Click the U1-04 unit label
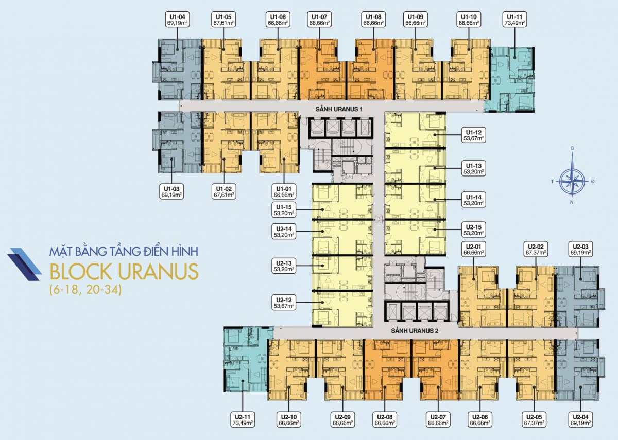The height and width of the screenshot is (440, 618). (x=178, y=20)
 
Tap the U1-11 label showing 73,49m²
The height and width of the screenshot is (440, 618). (x=514, y=20)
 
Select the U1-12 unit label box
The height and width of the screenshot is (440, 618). (x=474, y=135)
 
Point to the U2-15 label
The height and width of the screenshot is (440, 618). (x=474, y=230)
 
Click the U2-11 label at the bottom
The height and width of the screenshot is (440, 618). (x=243, y=419)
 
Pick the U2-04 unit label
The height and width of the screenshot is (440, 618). (x=581, y=419)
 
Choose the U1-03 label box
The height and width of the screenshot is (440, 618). (x=171, y=192)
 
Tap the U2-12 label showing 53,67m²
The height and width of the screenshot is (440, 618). (x=284, y=303)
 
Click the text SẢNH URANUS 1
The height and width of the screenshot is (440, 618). (x=339, y=109)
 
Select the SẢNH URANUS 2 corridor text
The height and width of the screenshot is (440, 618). (x=415, y=331)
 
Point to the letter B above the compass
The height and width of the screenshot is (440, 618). (x=573, y=148)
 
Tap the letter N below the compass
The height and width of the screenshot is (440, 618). (x=572, y=202)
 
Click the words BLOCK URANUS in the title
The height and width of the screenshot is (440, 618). (x=124, y=272)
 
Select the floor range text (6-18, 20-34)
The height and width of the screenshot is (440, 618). (x=85, y=290)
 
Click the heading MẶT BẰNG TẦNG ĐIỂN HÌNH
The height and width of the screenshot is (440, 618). (x=124, y=251)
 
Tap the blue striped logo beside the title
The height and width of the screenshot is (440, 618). (x=24, y=265)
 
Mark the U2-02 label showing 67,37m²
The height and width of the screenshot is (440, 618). (x=536, y=249)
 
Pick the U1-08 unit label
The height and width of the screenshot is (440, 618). (x=373, y=20)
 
